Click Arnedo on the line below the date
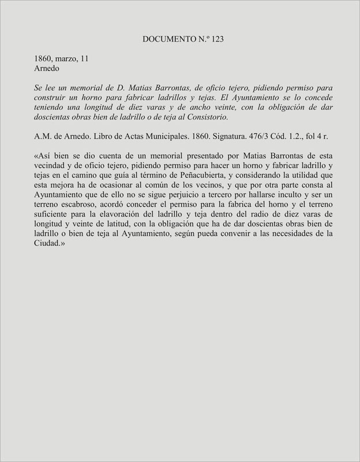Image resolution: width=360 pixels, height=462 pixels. (48, 69)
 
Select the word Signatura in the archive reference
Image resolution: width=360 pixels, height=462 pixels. (219, 137)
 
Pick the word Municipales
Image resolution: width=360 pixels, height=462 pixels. (169, 137)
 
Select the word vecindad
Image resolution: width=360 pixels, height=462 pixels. (55, 167)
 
